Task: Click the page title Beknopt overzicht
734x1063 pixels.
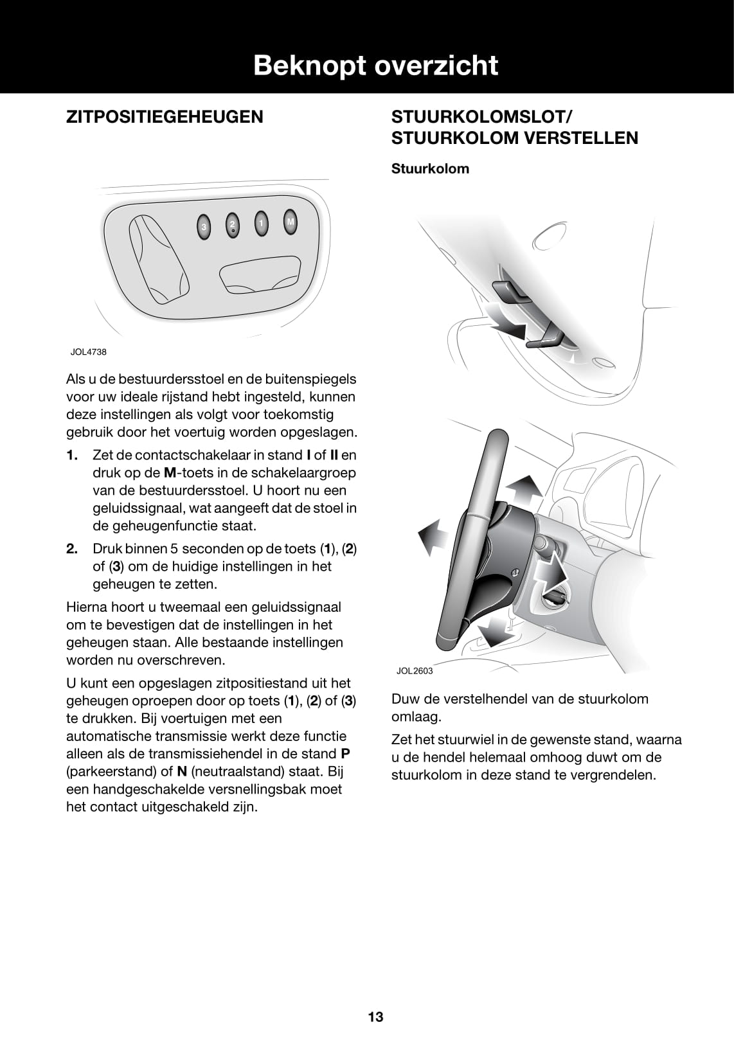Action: [x=375, y=66]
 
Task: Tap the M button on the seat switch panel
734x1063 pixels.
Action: [x=291, y=223]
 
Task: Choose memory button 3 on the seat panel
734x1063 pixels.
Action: [x=204, y=227]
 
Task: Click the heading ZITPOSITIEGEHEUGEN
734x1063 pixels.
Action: [x=165, y=117]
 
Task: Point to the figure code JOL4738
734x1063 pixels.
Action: [x=88, y=352]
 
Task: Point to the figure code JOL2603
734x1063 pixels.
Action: [x=415, y=671]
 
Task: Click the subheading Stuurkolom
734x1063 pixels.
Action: [x=430, y=169]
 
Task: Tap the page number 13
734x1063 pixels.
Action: [x=375, y=1017]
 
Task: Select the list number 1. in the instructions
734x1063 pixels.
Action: [x=72, y=455]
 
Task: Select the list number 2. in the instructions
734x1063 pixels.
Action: [x=72, y=549]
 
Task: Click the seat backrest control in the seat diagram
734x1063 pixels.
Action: [x=157, y=260]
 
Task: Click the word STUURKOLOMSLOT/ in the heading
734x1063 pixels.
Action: [x=481, y=117]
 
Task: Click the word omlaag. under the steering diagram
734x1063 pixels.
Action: [x=416, y=717]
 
